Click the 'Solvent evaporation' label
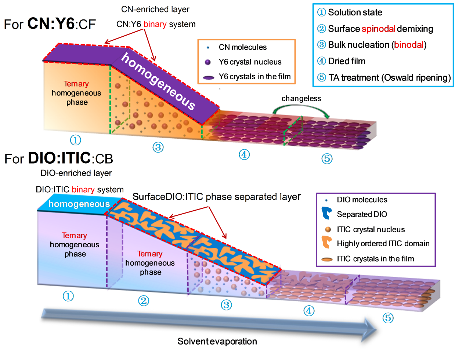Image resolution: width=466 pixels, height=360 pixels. (217, 341)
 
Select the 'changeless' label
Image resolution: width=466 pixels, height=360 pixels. (301, 98)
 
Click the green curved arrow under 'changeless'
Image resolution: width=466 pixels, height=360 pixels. (301, 108)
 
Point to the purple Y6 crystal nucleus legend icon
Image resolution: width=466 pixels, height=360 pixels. (208, 62)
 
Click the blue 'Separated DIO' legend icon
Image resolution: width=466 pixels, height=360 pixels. (326, 213)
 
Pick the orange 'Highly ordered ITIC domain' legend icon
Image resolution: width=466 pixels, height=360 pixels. (326, 242)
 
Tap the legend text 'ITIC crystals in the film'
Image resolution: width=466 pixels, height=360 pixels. (375, 259)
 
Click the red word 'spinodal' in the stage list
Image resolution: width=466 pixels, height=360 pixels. (378, 29)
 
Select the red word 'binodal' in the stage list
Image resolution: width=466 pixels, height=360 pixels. (409, 45)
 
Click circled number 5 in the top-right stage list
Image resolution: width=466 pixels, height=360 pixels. (322, 77)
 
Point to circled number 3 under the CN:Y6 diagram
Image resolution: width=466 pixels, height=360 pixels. (158, 147)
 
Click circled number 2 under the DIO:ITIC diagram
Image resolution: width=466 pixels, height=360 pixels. (143, 301)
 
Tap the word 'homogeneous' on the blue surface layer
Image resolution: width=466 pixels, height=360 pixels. (79, 204)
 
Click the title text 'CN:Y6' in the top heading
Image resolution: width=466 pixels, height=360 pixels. (51, 24)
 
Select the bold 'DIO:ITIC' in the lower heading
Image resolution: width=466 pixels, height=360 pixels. (59, 158)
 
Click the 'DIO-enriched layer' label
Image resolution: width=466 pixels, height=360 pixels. (76, 173)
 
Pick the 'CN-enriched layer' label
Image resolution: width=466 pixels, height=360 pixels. (155, 9)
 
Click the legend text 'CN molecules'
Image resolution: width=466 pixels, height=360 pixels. (243, 47)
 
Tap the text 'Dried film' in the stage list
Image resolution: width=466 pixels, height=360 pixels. (347, 61)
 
